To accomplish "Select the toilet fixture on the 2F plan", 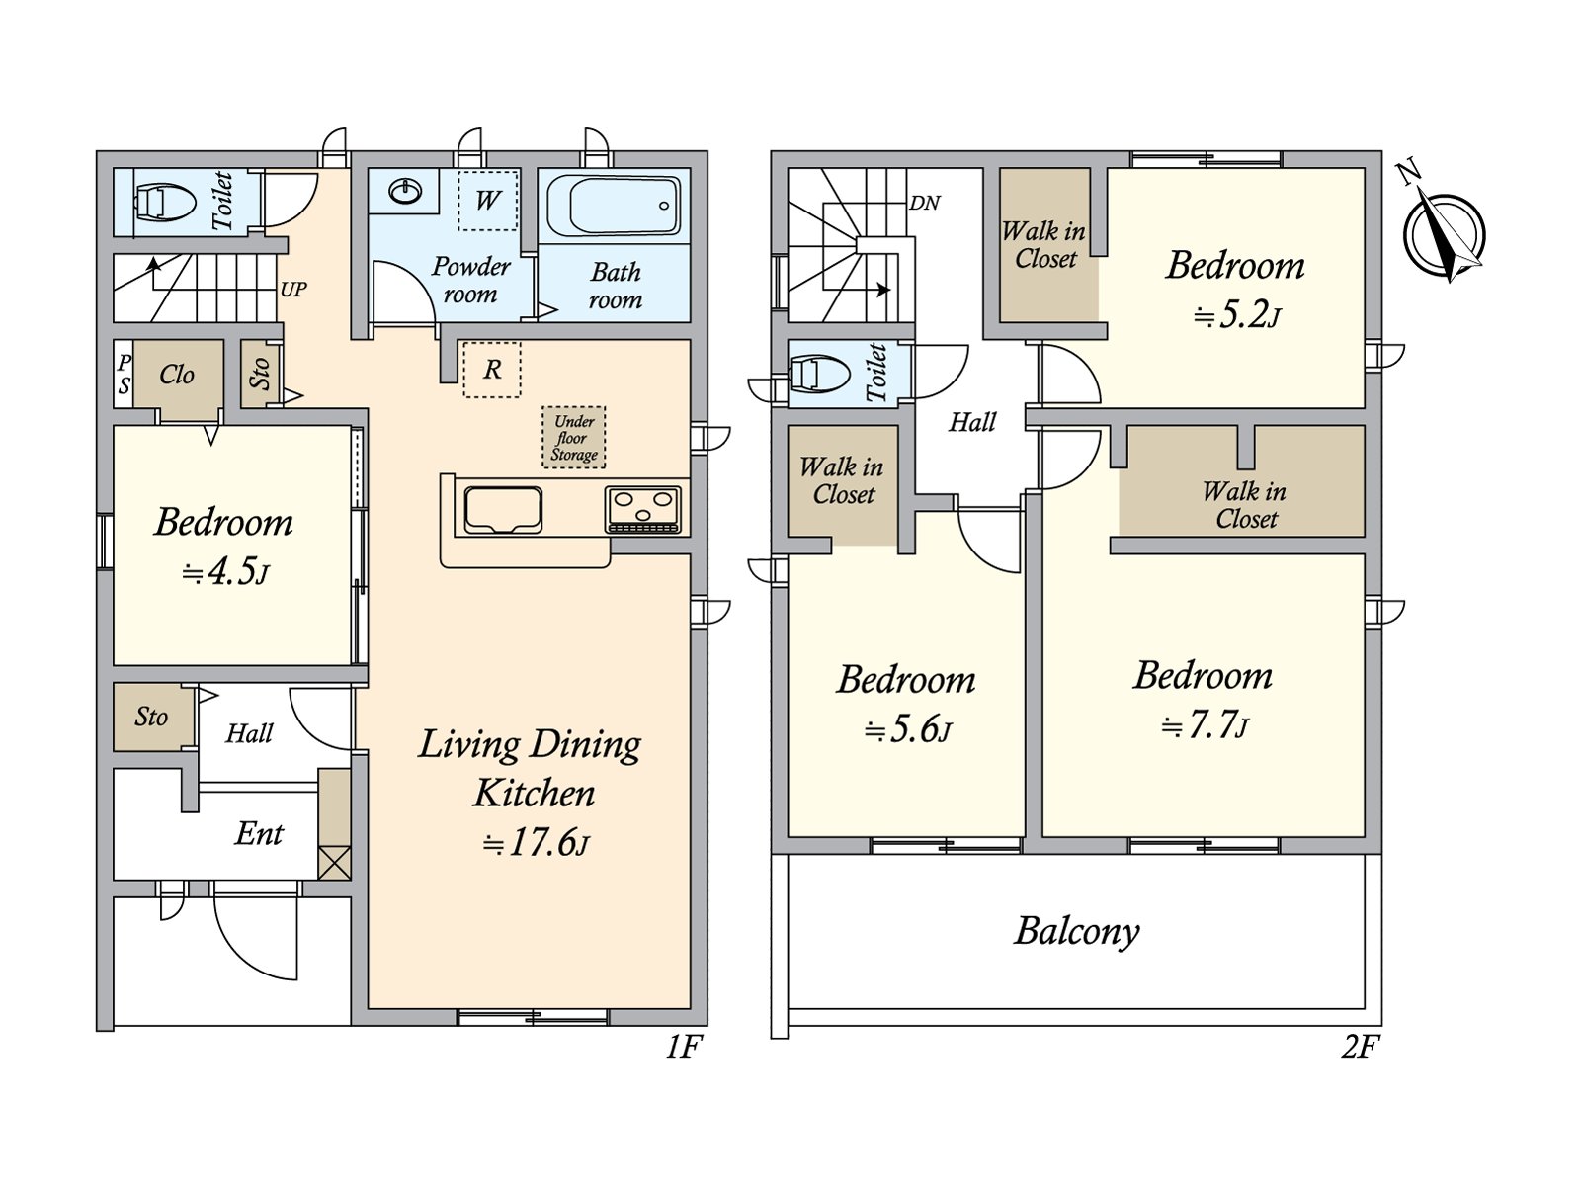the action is point(817,374).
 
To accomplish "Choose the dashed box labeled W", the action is point(488,201).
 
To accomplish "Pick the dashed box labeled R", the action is point(492,370).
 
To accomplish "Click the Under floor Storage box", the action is point(574,437).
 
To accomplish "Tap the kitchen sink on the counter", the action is point(503,510).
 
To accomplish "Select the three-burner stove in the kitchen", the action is point(643,510).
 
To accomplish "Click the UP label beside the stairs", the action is point(293,290).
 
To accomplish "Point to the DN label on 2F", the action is point(925,203).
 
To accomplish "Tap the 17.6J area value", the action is point(537,842).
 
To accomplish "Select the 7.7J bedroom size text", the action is point(1205,724).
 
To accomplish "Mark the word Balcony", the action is point(1077,932).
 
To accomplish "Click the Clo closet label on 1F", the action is point(177,375).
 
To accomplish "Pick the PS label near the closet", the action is point(124,375).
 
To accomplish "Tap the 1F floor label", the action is point(683,1047).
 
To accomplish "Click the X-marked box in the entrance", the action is point(334,863).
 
